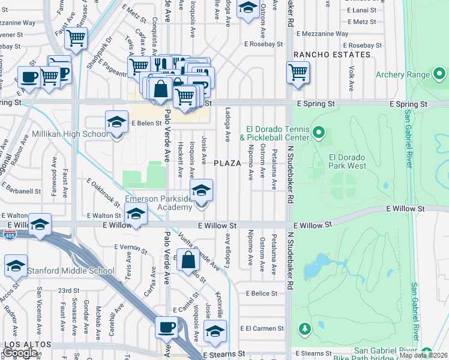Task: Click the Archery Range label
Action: tap(403, 75)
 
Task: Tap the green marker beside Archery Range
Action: tap(440, 75)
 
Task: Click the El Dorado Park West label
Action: tap(347, 161)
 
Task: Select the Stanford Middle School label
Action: tap(70, 271)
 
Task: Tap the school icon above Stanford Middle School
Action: tap(16, 266)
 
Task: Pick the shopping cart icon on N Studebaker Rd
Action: tap(298, 72)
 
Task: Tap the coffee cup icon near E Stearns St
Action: tap(166, 328)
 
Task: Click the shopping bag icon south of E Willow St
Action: tap(188, 260)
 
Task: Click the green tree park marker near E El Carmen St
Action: tap(305, 328)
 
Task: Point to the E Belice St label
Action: tap(261, 293)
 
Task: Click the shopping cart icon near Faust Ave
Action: tap(76, 38)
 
